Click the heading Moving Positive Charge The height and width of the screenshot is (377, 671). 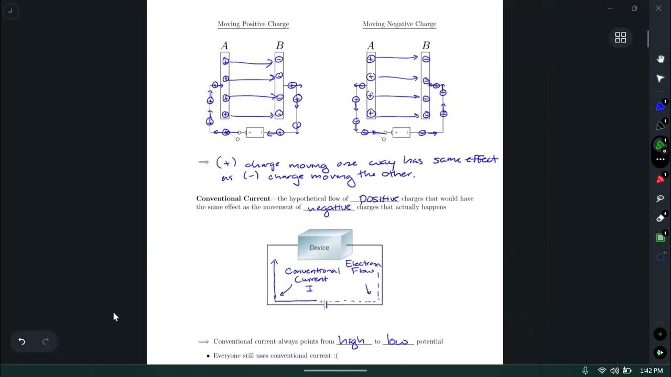pyautogui.click(x=253, y=24)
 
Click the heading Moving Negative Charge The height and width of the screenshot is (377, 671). pyautogui.click(x=399, y=24)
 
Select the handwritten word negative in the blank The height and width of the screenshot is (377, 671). pyautogui.click(x=329, y=208)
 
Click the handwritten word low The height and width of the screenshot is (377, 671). pyautogui.click(x=397, y=341)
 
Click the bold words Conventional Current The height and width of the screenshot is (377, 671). pyautogui.click(x=233, y=198)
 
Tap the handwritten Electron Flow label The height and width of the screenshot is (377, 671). pyautogui.click(x=363, y=267)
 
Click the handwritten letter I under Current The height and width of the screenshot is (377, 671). pyautogui.click(x=309, y=289)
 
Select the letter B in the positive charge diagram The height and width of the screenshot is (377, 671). pyautogui.click(x=280, y=46)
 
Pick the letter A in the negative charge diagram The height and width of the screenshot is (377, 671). pyautogui.click(x=371, y=46)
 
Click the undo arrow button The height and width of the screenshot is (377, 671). pyautogui.click(x=22, y=341)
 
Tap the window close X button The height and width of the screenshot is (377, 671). pyautogui.click(x=658, y=8)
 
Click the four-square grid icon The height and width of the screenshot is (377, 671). pyautogui.click(x=621, y=37)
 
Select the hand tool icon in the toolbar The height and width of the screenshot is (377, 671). pyautogui.click(x=661, y=59)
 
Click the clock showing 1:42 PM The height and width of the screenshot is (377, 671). pyautogui.click(x=651, y=371)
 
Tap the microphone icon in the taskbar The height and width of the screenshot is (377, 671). pyautogui.click(x=586, y=371)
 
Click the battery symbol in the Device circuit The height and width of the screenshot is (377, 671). pyautogui.click(x=326, y=304)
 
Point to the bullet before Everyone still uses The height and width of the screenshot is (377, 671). pyautogui.click(x=208, y=356)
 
